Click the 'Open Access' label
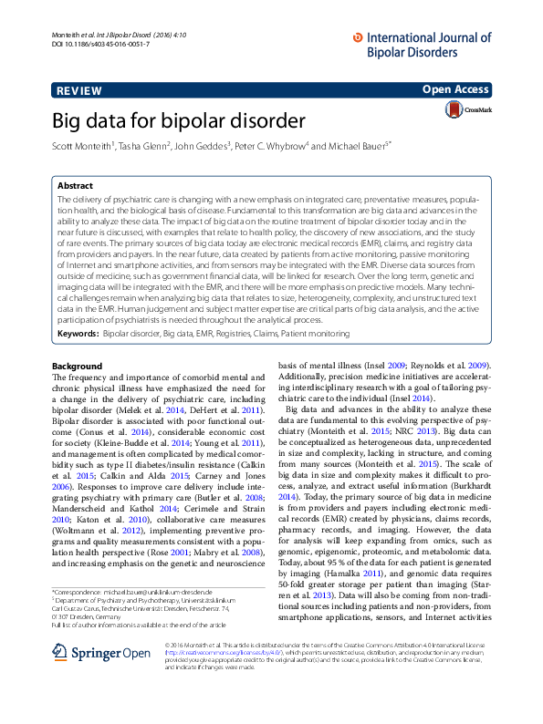(x=456, y=89)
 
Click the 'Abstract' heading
(x=74, y=184)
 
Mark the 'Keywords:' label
(x=78, y=335)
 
